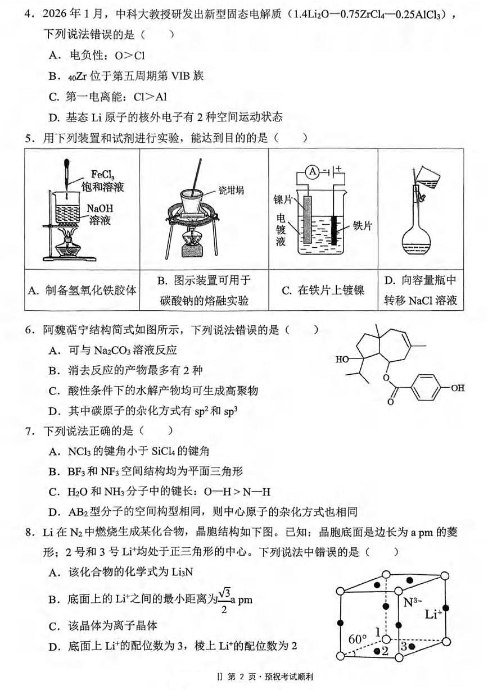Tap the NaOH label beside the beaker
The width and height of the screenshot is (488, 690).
99,208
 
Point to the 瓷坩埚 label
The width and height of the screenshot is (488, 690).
231,190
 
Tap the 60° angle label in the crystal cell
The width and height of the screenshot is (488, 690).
358,639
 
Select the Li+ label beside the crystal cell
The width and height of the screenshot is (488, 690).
434,615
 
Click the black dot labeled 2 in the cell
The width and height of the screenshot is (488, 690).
376,651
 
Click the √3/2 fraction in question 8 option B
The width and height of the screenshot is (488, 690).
225,601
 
